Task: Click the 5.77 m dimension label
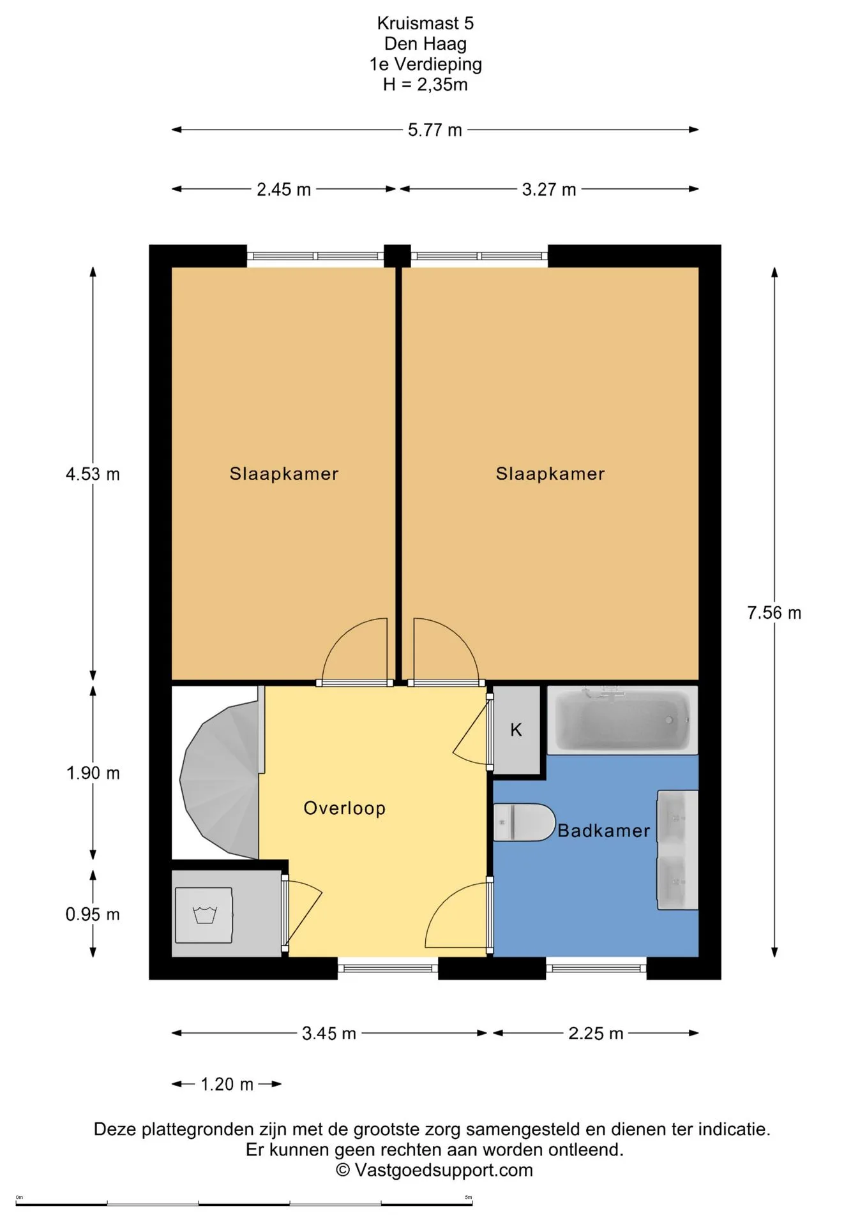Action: [435, 130]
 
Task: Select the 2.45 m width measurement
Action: [283, 189]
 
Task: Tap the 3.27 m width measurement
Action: [549, 189]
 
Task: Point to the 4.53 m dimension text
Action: [93, 474]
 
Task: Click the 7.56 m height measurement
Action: [774, 613]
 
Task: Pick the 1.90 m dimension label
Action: [93, 773]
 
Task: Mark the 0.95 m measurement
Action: [93, 914]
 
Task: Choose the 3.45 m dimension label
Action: [329, 1034]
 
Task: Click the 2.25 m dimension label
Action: [596, 1034]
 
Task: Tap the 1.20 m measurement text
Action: [227, 1085]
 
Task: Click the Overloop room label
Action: [345, 808]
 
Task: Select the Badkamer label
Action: [604, 831]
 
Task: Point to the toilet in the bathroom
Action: [524, 822]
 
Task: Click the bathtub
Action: [622, 720]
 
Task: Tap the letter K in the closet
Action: [516, 730]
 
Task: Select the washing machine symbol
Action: [204, 915]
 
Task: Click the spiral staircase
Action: [221, 779]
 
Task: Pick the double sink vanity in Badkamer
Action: [677, 850]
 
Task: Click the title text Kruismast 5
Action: [425, 24]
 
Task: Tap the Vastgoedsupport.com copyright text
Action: [434, 1170]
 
